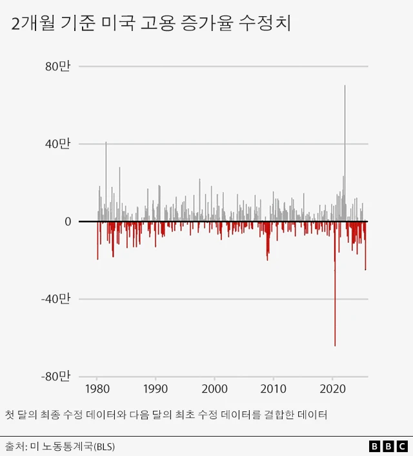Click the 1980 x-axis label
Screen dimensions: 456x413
tap(97, 389)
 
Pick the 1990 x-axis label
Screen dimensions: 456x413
tap(156, 389)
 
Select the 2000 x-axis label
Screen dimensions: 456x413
tap(214, 389)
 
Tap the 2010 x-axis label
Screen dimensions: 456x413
tap(274, 389)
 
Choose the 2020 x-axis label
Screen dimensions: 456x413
tap(332, 389)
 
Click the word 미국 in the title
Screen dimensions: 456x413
tap(110, 25)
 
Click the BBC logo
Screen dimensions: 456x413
tap(388, 446)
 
